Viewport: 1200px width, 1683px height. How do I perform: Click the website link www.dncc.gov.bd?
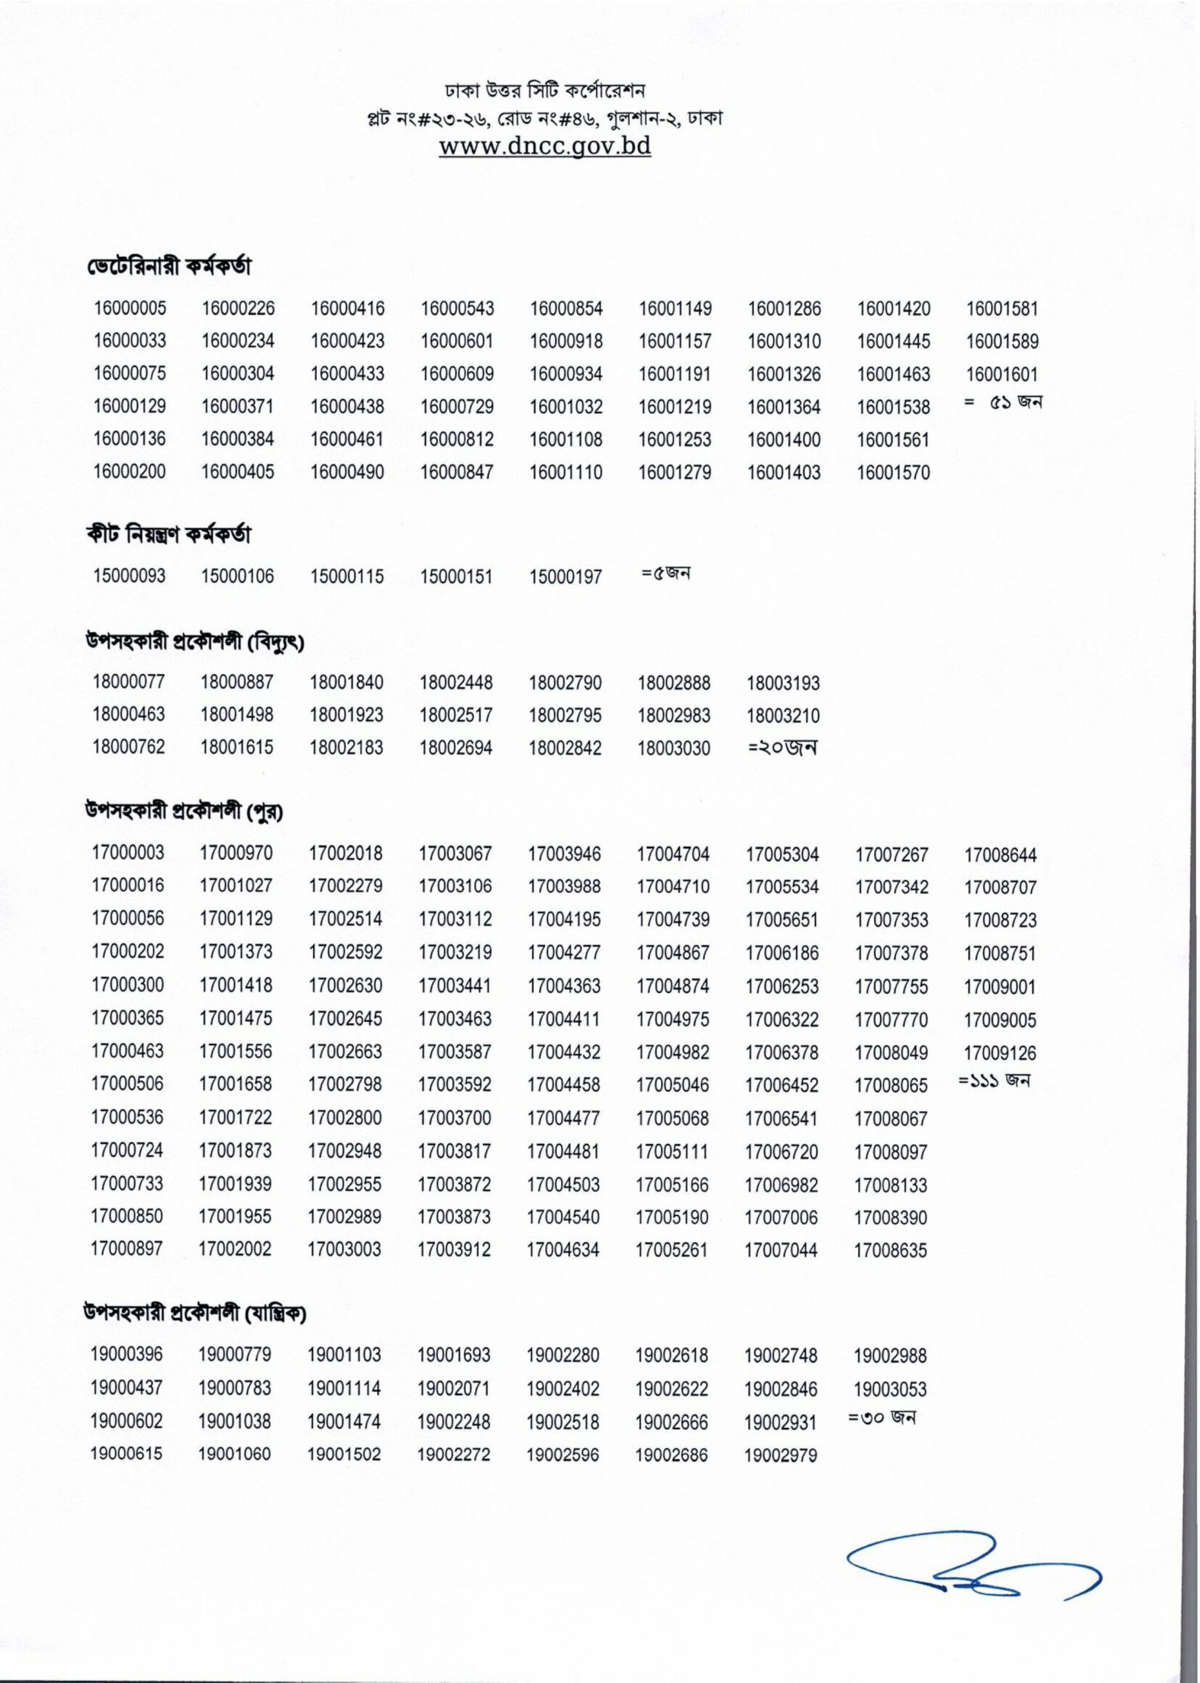[544, 147]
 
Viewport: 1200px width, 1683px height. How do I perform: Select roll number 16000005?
[130, 308]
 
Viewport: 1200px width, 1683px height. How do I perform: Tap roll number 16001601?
[1002, 374]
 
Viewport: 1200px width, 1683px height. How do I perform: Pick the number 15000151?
[456, 577]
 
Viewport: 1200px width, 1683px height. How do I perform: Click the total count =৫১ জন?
[1003, 404]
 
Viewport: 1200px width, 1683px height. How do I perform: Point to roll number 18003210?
[783, 716]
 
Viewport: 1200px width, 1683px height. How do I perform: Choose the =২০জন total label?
[782, 748]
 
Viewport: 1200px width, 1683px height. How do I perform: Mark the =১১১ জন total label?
[995, 1081]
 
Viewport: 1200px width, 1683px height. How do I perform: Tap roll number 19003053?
[890, 1389]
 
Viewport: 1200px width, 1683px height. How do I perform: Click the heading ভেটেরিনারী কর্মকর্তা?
[169, 267]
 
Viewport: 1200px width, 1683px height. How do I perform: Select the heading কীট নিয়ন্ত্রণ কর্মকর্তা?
[168, 535]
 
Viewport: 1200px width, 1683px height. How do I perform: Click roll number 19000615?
[126, 1454]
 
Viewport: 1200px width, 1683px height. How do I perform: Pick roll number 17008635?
[890, 1251]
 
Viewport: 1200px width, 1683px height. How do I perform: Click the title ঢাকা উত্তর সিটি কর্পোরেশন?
[544, 91]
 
